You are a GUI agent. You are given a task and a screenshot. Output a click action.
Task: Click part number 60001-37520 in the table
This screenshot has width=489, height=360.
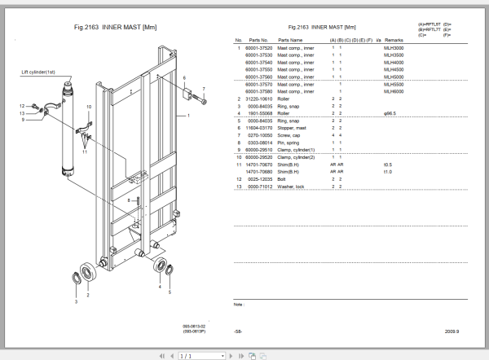pyautogui.click(x=258, y=49)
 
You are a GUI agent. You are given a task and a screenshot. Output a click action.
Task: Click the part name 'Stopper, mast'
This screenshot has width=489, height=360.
pyautogui.click(x=293, y=127)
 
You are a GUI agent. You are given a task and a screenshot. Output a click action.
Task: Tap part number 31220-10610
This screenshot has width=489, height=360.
pyautogui.click(x=258, y=99)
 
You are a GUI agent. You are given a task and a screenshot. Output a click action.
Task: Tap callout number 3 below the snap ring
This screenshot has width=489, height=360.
pyautogui.click(x=76, y=301)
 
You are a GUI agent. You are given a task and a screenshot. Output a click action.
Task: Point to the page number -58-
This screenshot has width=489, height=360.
pyautogui.click(x=237, y=331)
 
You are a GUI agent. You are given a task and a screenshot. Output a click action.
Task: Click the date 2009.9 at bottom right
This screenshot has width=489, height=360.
pyautogui.click(x=451, y=331)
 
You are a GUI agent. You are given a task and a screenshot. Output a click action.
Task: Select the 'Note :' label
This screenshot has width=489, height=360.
pyautogui.click(x=240, y=304)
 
